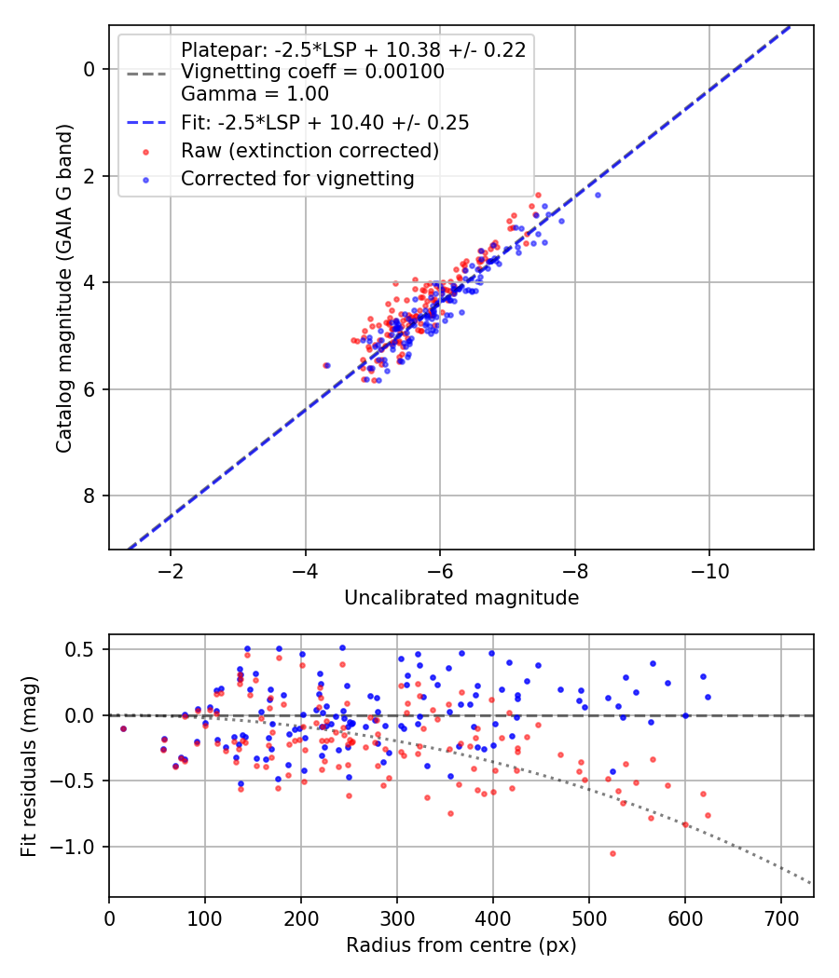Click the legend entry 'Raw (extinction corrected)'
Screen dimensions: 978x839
coord(309,150)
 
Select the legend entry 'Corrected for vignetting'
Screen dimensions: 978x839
coord(297,178)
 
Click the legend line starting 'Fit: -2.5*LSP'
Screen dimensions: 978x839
coord(324,122)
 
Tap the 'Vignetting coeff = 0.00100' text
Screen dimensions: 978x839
coord(312,72)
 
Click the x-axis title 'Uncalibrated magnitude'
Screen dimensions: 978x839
coord(461,598)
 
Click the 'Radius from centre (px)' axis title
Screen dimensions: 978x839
coord(461,945)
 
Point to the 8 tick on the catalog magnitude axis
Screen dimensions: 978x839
coord(89,496)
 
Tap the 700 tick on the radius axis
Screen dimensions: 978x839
coord(781,917)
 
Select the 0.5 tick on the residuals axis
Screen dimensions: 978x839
coord(84,649)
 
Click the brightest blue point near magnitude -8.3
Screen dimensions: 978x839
coord(598,195)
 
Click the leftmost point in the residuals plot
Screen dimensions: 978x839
coord(123,728)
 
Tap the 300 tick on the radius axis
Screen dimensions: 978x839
coord(397,917)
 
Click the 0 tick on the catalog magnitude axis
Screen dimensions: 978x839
coord(89,69)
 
